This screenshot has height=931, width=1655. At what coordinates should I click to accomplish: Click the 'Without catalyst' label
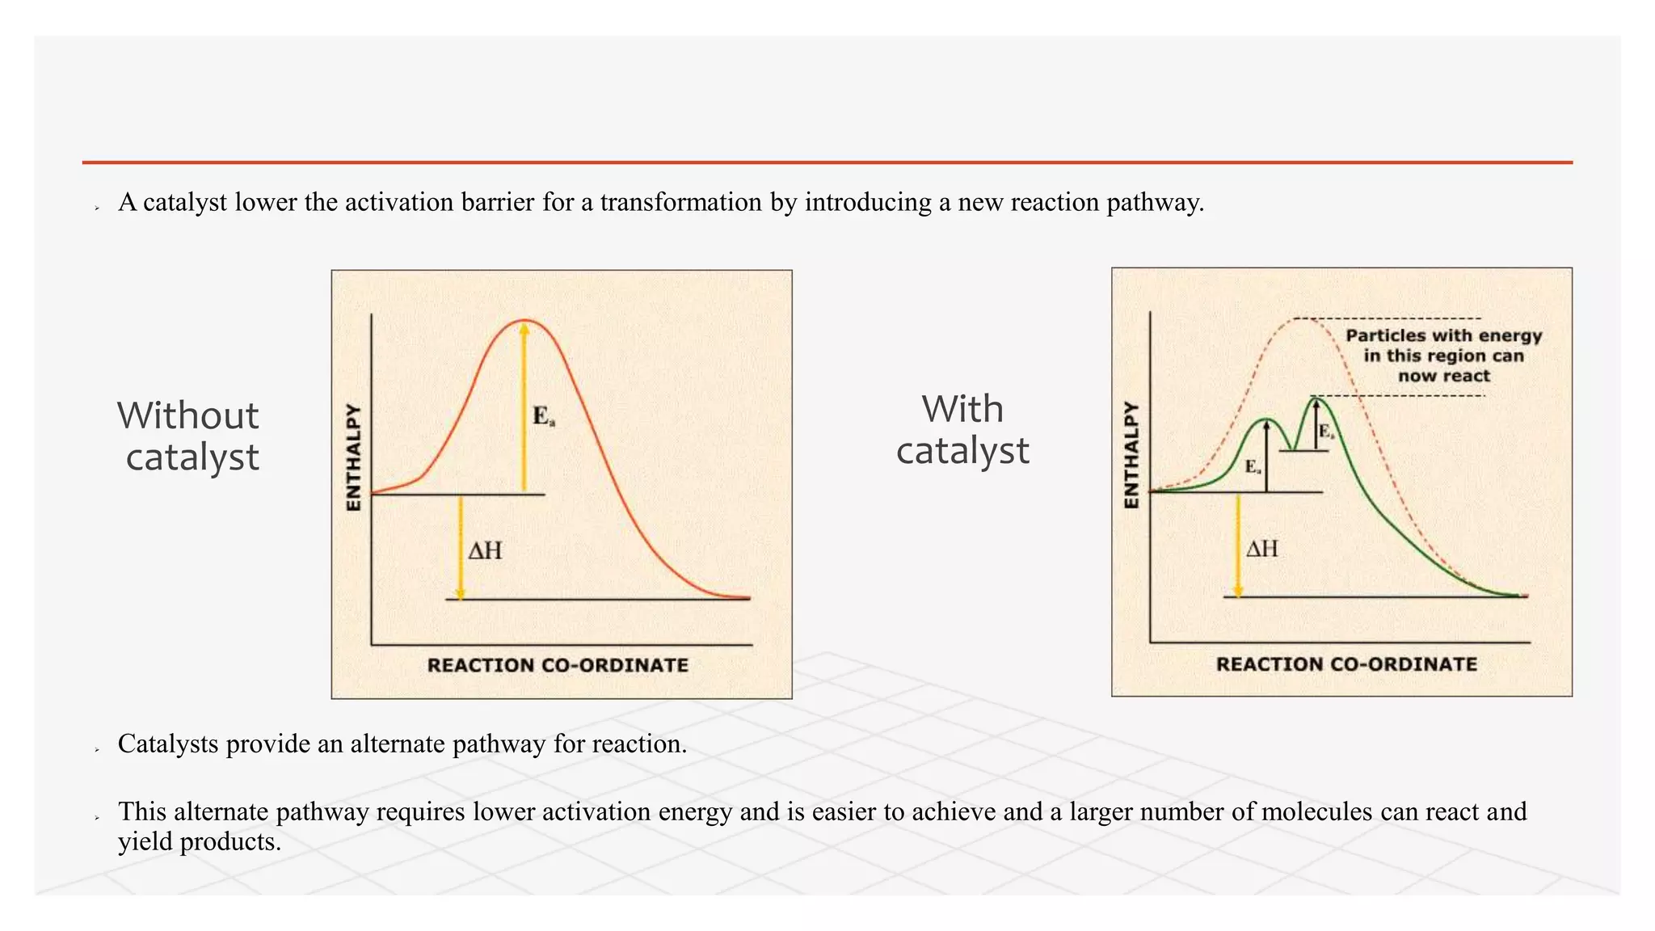click(189, 436)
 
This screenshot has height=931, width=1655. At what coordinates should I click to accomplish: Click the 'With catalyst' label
click(962, 430)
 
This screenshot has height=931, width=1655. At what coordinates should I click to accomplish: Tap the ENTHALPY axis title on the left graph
click(353, 457)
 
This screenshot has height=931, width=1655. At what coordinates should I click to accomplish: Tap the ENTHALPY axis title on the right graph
click(1132, 455)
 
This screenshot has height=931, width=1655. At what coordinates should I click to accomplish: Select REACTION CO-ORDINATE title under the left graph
click(558, 665)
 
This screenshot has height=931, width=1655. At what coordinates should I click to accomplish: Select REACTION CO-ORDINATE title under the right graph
click(1346, 664)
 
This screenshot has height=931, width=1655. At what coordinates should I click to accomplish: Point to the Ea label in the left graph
click(543, 417)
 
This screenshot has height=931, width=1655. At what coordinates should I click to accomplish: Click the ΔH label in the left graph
click(486, 551)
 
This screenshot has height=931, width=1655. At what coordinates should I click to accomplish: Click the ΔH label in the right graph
click(1262, 550)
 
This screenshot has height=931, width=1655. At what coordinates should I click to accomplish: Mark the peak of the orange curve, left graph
click(524, 321)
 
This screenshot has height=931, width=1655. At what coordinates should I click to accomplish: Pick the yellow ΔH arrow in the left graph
click(461, 547)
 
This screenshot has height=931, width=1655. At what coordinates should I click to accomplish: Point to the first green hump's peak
click(1266, 419)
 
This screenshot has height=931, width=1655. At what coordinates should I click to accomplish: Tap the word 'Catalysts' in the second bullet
click(168, 744)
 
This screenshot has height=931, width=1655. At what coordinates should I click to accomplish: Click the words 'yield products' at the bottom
click(199, 842)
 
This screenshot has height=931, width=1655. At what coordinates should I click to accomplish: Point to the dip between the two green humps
click(1293, 449)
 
